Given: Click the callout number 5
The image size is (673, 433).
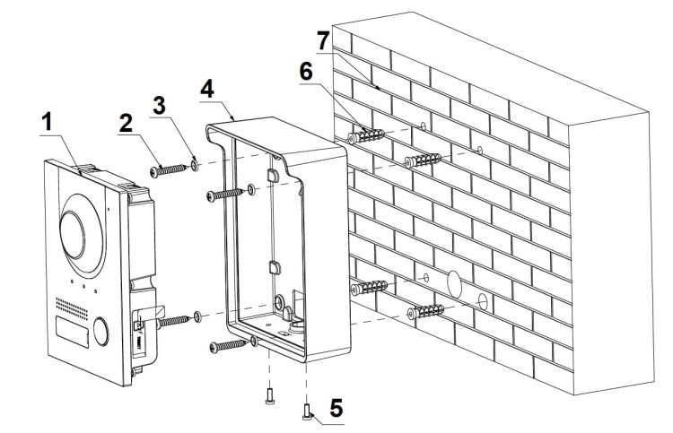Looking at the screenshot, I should (335, 407).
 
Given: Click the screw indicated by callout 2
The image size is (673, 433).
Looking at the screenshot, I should (171, 167).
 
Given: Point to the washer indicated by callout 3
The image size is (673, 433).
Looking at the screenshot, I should (197, 164).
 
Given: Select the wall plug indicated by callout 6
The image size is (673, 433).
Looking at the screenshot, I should (367, 136).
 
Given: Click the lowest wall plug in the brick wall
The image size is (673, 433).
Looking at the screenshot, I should (427, 312).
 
